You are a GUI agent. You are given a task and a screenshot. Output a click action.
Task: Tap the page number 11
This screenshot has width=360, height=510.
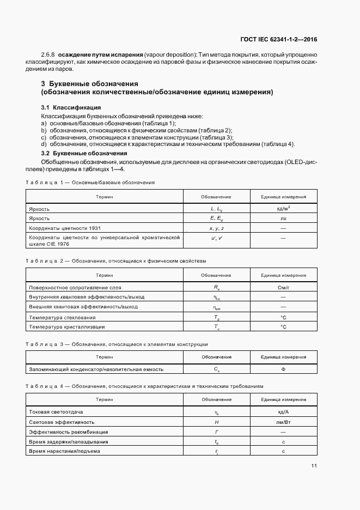314,465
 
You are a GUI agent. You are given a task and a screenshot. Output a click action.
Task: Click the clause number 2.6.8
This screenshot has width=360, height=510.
48,56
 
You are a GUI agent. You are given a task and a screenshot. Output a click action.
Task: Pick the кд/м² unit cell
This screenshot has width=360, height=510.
283,209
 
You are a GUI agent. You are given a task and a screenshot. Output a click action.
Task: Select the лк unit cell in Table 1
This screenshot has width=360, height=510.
283,218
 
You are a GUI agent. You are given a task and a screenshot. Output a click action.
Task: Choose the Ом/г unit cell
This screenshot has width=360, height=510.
283,287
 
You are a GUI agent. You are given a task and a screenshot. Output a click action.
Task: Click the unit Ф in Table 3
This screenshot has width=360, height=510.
283,369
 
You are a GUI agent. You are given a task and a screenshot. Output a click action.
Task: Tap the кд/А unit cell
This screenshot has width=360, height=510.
283,412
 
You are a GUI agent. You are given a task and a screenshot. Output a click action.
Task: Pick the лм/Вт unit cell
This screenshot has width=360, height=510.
283,422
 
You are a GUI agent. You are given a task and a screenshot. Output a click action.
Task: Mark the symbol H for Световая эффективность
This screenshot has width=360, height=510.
216,422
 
